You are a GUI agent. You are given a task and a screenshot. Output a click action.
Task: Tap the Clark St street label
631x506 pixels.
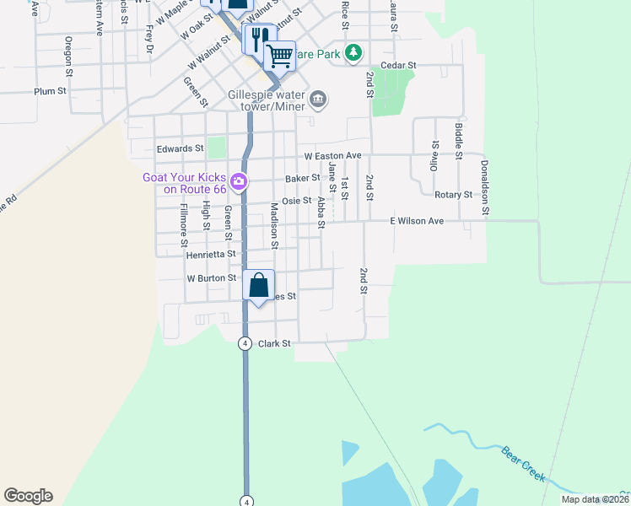pyautogui.click(x=274, y=344)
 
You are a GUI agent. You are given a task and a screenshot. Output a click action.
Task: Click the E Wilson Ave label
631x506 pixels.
pyautogui.click(x=416, y=221)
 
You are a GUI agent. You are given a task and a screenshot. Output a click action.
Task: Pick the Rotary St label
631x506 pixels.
pyautogui.click(x=453, y=195)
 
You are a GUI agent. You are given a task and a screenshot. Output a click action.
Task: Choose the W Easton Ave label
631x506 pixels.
pyautogui.click(x=332, y=156)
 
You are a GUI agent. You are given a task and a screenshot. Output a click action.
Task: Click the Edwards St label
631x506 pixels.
pyautogui.click(x=181, y=148)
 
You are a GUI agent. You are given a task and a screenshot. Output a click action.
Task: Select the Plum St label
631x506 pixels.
pyautogui.click(x=51, y=91)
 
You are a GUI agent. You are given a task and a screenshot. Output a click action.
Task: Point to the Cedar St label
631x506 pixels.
pyautogui.click(x=399, y=65)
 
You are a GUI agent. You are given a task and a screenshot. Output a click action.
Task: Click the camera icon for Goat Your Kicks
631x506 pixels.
pyautogui.click(x=239, y=180)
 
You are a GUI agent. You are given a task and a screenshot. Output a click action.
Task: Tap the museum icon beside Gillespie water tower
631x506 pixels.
pyautogui.click(x=318, y=100)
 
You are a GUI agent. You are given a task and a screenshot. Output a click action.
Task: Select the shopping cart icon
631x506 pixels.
pyautogui.click(x=279, y=56)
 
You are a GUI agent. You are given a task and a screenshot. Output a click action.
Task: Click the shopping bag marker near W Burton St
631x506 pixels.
pyautogui.click(x=259, y=284)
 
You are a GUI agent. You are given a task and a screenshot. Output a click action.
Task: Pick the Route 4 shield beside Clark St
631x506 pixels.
pyautogui.click(x=245, y=343)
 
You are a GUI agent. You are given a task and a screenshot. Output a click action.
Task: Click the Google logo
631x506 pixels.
pyautogui.click(x=28, y=496)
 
